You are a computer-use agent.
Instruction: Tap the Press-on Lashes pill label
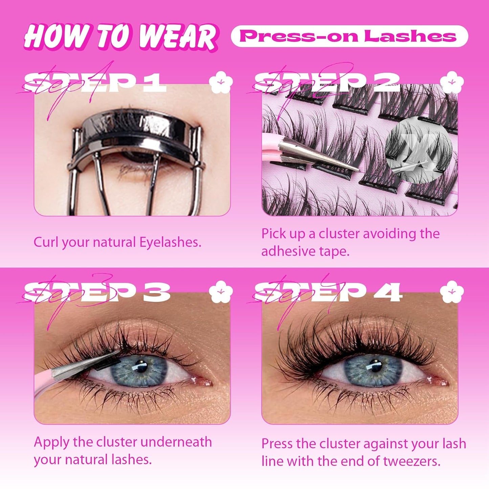[x=349, y=36]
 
